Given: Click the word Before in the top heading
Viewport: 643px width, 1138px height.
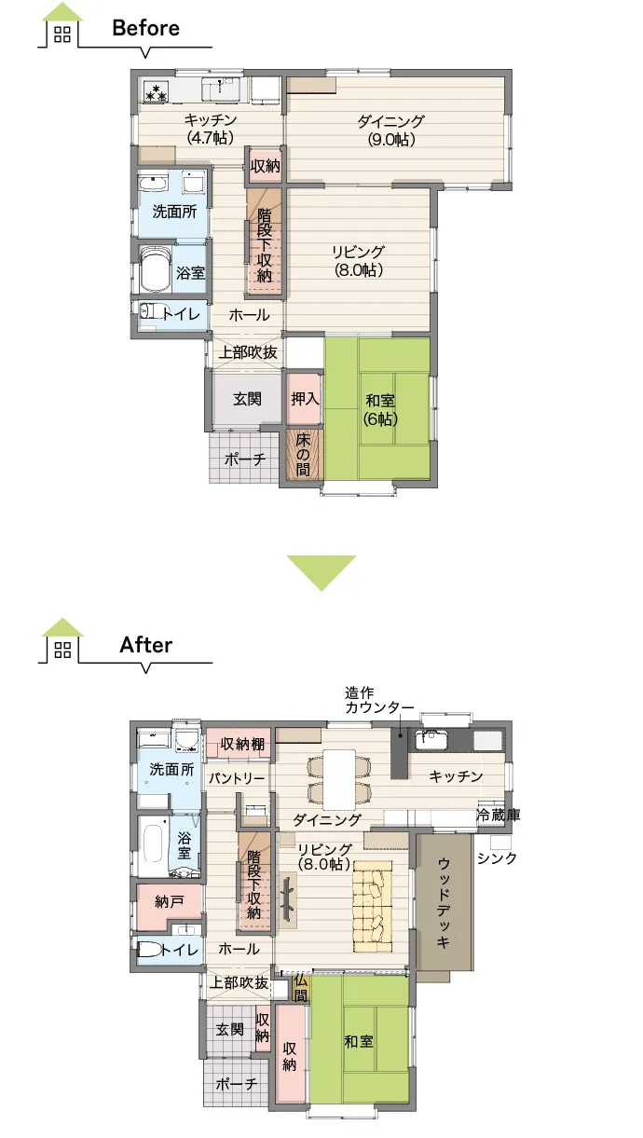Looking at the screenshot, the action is pyautogui.click(x=145, y=28).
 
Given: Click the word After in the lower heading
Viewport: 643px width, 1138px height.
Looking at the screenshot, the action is pyautogui.click(x=145, y=645).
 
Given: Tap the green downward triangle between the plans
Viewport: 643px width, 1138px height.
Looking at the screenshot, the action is pyautogui.click(x=321, y=573).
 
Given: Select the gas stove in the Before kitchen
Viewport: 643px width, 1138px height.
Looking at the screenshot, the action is pyautogui.click(x=156, y=91).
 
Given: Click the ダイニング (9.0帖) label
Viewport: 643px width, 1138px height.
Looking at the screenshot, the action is pyautogui.click(x=390, y=130).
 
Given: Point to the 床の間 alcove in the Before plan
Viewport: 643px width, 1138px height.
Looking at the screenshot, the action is pyautogui.click(x=303, y=454).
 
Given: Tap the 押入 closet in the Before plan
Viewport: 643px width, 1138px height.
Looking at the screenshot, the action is pyautogui.click(x=304, y=399).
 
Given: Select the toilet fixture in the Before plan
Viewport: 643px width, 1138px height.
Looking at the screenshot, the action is pyautogui.click(x=151, y=310).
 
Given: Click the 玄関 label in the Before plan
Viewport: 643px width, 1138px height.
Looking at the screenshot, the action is pyautogui.click(x=247, y=399).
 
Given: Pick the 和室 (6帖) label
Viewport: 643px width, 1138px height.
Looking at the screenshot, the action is pyautogui.click(x=380, y=409).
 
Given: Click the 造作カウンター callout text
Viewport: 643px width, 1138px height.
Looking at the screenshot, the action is pyautogui.click(x=379, y=700).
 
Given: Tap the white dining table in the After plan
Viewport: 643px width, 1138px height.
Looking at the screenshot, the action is pyautogui.click(x=340, y=780).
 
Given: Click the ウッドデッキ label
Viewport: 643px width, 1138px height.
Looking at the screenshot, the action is pyautogui.click(x=443, y=902).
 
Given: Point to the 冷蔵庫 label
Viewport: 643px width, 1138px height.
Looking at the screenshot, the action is pyautogui.click(x=499, y=816).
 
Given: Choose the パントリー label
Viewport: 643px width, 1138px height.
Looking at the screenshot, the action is pyautogui.click(x=237, y=778).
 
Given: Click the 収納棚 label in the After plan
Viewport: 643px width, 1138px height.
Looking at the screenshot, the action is pyautogui.click(x=242, y=744).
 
